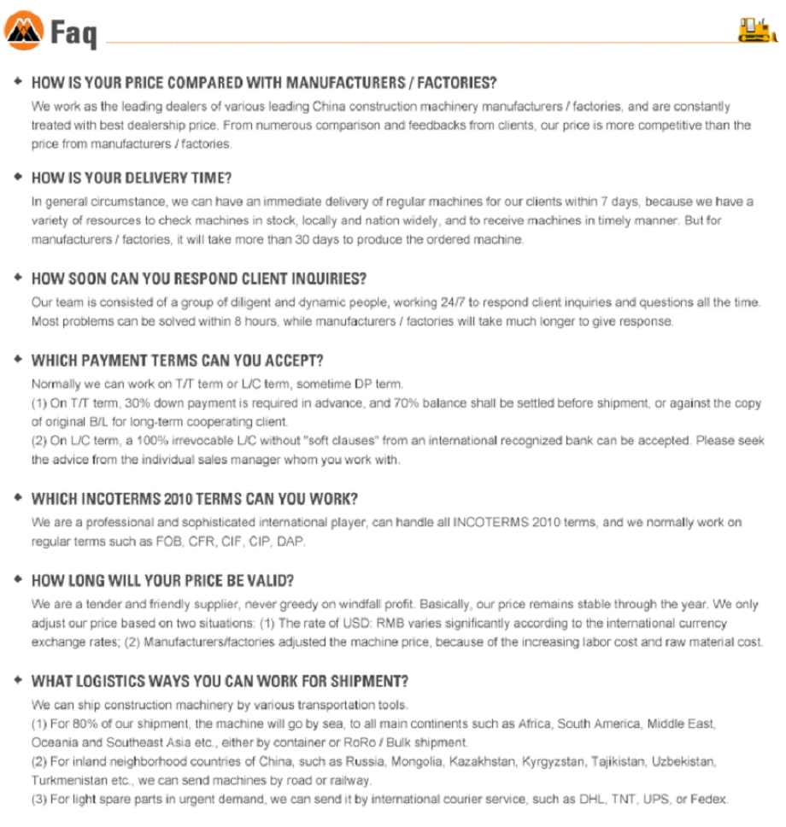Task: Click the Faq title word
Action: (74, 33)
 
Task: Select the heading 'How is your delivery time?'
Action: (132, 179)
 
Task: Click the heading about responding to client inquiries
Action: (199, 279)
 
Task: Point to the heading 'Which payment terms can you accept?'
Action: (177, 360)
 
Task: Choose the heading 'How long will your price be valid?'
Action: (162, 580)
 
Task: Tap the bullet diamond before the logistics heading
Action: (18, 680)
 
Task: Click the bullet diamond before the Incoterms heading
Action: (18, 497)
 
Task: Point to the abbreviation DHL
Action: (584, 800)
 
